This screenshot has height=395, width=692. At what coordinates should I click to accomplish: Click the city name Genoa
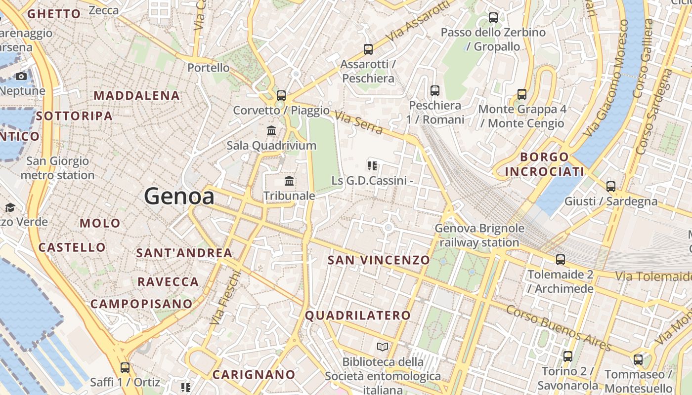click(179, 197)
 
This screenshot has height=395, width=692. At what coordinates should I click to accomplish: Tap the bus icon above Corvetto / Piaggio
click(281, 95)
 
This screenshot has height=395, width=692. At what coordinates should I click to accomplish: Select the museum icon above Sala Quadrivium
click(271, 131)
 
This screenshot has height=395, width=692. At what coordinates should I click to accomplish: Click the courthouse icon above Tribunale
click(289, 181)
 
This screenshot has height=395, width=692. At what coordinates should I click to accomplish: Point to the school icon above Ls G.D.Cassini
click(372, 166)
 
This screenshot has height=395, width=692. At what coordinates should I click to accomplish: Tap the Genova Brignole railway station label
click(479, 236)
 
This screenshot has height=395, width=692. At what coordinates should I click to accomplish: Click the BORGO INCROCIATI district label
click(544, 164)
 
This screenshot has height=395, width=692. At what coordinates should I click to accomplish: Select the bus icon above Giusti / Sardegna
click(611, 186)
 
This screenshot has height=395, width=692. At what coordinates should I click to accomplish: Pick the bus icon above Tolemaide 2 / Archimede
click(560, 259)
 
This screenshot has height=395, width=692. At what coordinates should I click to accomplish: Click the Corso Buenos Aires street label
click(559, 327)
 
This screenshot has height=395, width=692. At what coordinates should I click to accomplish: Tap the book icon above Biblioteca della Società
click(383, 347)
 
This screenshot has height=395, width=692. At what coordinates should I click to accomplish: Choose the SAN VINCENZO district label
click(379, 260)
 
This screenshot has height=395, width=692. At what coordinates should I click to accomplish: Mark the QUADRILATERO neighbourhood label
click(358, 316)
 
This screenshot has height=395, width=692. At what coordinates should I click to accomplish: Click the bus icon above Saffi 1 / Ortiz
click(125, 367)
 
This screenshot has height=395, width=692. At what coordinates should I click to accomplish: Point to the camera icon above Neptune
click(21, 76)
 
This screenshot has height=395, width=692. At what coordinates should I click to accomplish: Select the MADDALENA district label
click(136, 95)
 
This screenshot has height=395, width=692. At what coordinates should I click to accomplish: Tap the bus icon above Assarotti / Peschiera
click(368, 49)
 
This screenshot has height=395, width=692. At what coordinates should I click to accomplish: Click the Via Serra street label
click(359, 122)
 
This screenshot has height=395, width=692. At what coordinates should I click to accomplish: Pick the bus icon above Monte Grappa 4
click(522, 94)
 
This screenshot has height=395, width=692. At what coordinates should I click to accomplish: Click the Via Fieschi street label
click(225, 297)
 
